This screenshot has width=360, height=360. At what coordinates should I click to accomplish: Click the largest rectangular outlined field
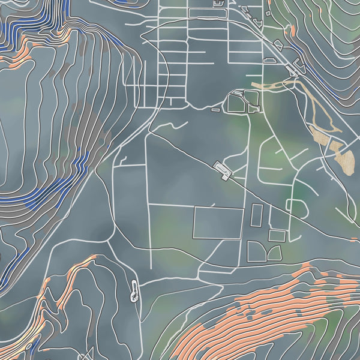(x=218, y=223)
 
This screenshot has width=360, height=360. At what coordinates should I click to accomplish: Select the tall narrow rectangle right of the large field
(x=256, y=215)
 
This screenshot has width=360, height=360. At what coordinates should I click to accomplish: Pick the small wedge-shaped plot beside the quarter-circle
(x=275, y=254)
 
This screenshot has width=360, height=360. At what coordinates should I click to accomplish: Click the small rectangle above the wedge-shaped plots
(x=277, y=235)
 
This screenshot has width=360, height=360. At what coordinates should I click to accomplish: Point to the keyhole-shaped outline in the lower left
(x=134, y=290)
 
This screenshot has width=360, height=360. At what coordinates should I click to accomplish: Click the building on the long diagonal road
(x=223, y=170)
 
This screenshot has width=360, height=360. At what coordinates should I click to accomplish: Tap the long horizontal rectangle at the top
(x=207, y=13)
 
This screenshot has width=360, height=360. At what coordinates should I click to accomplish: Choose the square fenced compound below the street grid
(x=244, y=103)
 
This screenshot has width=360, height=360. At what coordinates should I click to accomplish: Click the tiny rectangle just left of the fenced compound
(x=216, y=110)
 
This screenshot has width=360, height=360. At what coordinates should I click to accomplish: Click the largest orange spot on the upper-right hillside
(x=291, y=30)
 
